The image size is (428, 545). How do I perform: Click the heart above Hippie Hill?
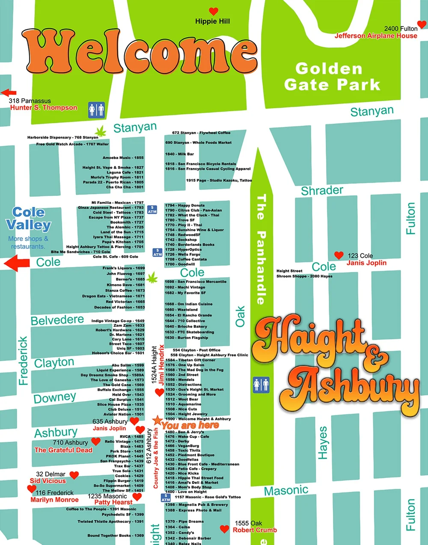click(x=213, y=12)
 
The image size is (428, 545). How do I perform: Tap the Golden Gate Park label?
click(x=332, y=77)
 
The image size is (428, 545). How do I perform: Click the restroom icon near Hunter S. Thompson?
click(x=96, y=110)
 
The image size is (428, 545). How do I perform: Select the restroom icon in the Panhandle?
click(x=261, y=384)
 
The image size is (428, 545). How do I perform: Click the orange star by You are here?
click(x=158, y=420)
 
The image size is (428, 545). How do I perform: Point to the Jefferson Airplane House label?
click(x=375, y=36)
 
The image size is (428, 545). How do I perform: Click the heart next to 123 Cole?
click(x=339, y=255)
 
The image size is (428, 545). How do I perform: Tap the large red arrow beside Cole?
click(x=16, y=263)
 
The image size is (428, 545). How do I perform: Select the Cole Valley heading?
click(x=28, y=219)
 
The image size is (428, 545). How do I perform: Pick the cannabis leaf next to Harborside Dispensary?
click(x=101, y=131)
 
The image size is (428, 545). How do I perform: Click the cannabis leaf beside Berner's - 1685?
click(x=152, y=278)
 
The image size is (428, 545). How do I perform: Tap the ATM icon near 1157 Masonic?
click(x=166, y=498)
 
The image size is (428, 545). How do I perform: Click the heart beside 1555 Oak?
click(x=224, y=529)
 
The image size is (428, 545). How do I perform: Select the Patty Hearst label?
click(x=113, y=502)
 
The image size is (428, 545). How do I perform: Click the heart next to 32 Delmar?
click(x=74, y=475)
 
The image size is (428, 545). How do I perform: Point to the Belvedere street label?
click(x=57, y=320)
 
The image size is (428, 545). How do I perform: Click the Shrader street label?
click(x=322, y=190)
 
